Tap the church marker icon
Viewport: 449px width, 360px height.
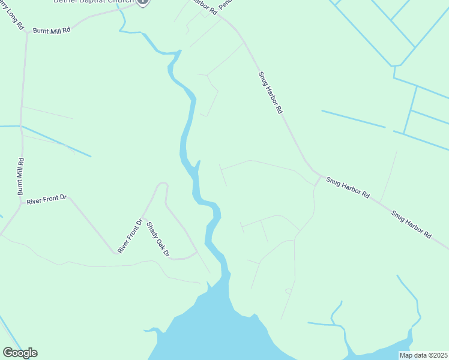tap(142, 2)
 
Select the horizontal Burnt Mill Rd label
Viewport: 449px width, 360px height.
tap(52, 29)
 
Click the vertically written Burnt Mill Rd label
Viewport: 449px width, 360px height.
tap(20, 176)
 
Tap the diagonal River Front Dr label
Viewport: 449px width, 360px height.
tap(130, 236)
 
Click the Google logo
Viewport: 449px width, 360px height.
tap(20, 353)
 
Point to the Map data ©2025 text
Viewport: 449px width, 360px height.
tap(423, 355)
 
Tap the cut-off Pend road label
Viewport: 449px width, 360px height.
tap(225, 4)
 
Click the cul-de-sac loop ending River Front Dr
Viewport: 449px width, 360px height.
tap(162, 184)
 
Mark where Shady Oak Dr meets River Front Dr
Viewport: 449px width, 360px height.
tap(143, 216)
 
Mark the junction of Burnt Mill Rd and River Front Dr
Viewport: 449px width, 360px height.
tap(22, 204)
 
